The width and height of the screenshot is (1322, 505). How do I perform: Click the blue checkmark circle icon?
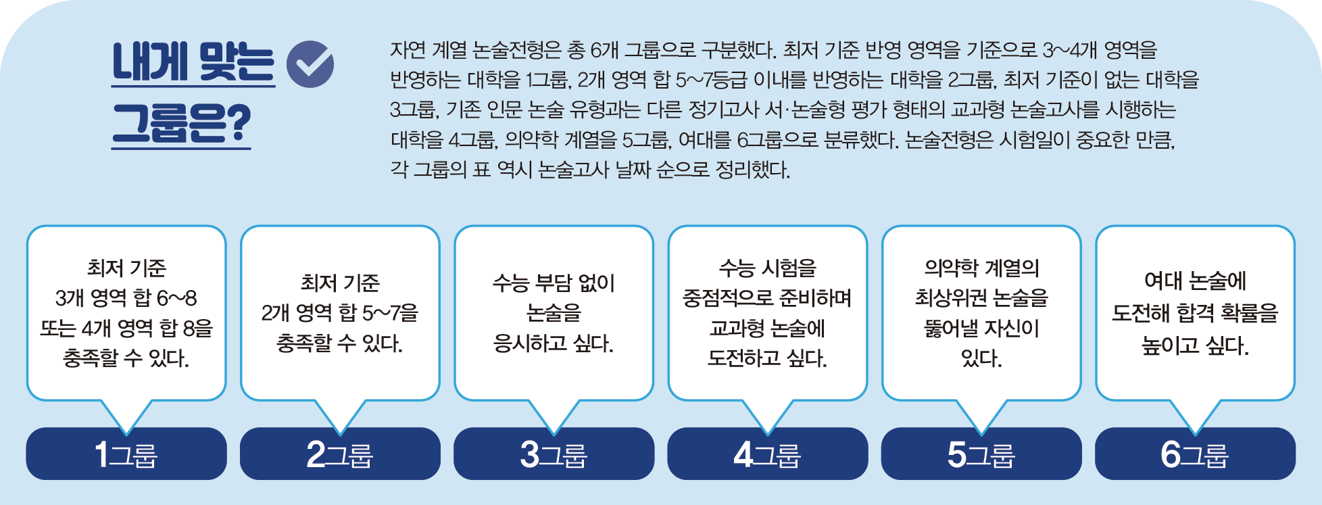point(310,64)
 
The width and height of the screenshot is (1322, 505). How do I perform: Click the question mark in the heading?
point(237,124)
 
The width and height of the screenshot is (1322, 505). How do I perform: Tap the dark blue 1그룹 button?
point(126,454)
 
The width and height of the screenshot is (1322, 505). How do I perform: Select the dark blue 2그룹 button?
point(340,454)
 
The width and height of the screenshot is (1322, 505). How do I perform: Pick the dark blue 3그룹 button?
point(554,454)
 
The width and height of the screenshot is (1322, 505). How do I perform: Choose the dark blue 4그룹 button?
point(767,454)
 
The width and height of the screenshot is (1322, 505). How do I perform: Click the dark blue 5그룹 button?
point(981,454)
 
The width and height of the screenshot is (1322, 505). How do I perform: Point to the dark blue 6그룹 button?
point(1195,454)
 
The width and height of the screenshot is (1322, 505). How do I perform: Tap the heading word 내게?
point(150,63)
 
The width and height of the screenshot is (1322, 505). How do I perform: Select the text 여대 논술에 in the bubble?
point(1195,281)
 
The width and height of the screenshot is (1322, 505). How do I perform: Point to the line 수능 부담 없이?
point(554,283)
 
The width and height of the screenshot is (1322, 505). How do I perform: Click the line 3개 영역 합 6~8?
point(126,298)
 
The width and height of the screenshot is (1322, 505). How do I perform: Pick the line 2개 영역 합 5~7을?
point(340,313)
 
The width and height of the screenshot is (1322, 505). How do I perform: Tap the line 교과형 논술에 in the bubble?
point(767,329)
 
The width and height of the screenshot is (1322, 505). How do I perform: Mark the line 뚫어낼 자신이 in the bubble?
point(981,329)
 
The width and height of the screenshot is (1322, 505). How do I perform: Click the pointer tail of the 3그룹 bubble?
point(554,415)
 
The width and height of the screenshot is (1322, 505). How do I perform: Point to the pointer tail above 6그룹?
point(1195,415)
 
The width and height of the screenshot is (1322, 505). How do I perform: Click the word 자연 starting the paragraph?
point(408,50)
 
